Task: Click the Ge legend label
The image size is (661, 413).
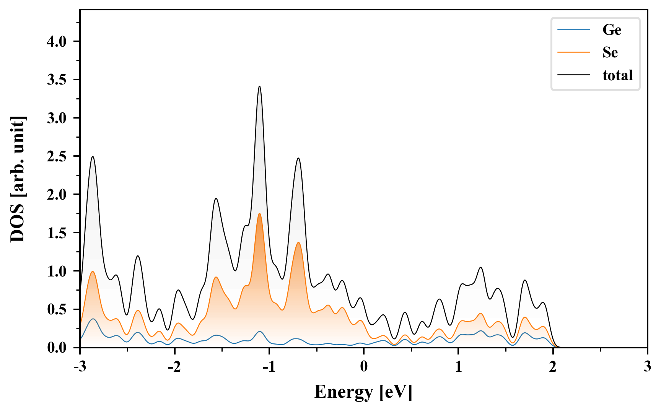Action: [612, 30]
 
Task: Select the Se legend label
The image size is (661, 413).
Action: [610, 52]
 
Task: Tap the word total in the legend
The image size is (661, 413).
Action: [617, 75]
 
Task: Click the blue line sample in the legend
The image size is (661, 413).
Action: [573, 30]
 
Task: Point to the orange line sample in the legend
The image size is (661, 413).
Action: [573, 52]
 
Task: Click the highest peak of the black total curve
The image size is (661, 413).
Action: [259, 86]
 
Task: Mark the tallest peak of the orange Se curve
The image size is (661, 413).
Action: [259, 214]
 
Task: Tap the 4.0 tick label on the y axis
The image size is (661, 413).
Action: [57, 42]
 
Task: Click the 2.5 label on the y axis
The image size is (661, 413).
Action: [57, 156]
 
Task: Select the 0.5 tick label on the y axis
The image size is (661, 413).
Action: [57, 309]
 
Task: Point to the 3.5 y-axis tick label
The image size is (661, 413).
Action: [57, 80]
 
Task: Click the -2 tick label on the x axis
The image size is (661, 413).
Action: [174, 367]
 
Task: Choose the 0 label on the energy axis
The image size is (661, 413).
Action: [364, 367]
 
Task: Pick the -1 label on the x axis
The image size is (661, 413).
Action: [269, 367]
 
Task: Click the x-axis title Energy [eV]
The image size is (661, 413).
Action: [363, 392]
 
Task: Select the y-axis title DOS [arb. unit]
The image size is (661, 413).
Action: [18, 179]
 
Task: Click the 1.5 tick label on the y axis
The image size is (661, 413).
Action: [57, 233]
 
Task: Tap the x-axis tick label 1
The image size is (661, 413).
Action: [458, 367]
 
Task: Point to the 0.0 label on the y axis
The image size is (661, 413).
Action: [57, 348]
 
